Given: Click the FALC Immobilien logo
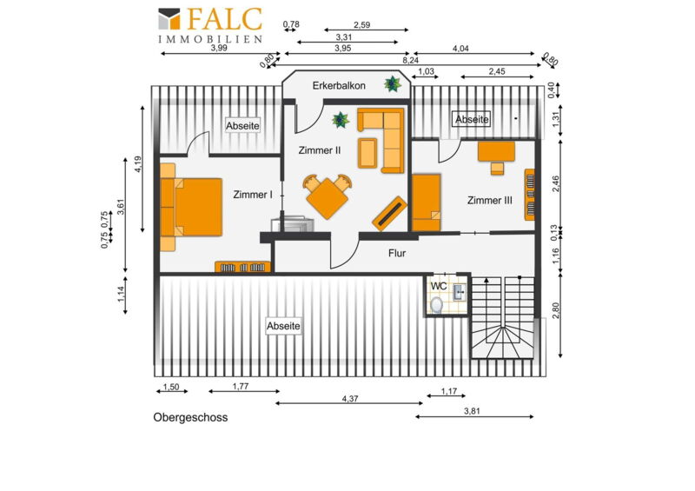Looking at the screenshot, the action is tap(210, 25).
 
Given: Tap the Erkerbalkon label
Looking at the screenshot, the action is tap(339, 86).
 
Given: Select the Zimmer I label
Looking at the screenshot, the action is tap(253, 195).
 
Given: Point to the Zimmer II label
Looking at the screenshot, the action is tap(320, 150).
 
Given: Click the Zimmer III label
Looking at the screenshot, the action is tap(490, 201).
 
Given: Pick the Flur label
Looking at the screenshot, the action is tap(397, 253).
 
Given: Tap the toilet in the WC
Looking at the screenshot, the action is tap(437, 305).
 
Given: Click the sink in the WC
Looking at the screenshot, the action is tap(460, 292).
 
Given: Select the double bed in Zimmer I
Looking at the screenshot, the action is tap(191, 207).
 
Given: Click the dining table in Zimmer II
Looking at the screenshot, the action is tap(328, 198).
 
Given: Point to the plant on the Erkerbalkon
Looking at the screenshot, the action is tap(393, 83).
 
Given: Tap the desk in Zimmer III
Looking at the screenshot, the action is tap(496, 151).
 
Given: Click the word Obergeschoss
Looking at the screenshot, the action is tap(190, 417).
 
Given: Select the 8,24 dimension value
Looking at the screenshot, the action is tap(411, 60).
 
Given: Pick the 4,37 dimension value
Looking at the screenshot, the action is tap(350, 399).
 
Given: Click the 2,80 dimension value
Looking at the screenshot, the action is tap(556, 310).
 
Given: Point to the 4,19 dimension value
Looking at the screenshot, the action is tap(138, 164).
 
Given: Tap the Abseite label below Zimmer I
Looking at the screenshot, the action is tap(284, 326).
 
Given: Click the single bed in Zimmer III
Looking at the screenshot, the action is tap(427, 202).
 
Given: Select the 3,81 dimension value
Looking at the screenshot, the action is tap(472, 411).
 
